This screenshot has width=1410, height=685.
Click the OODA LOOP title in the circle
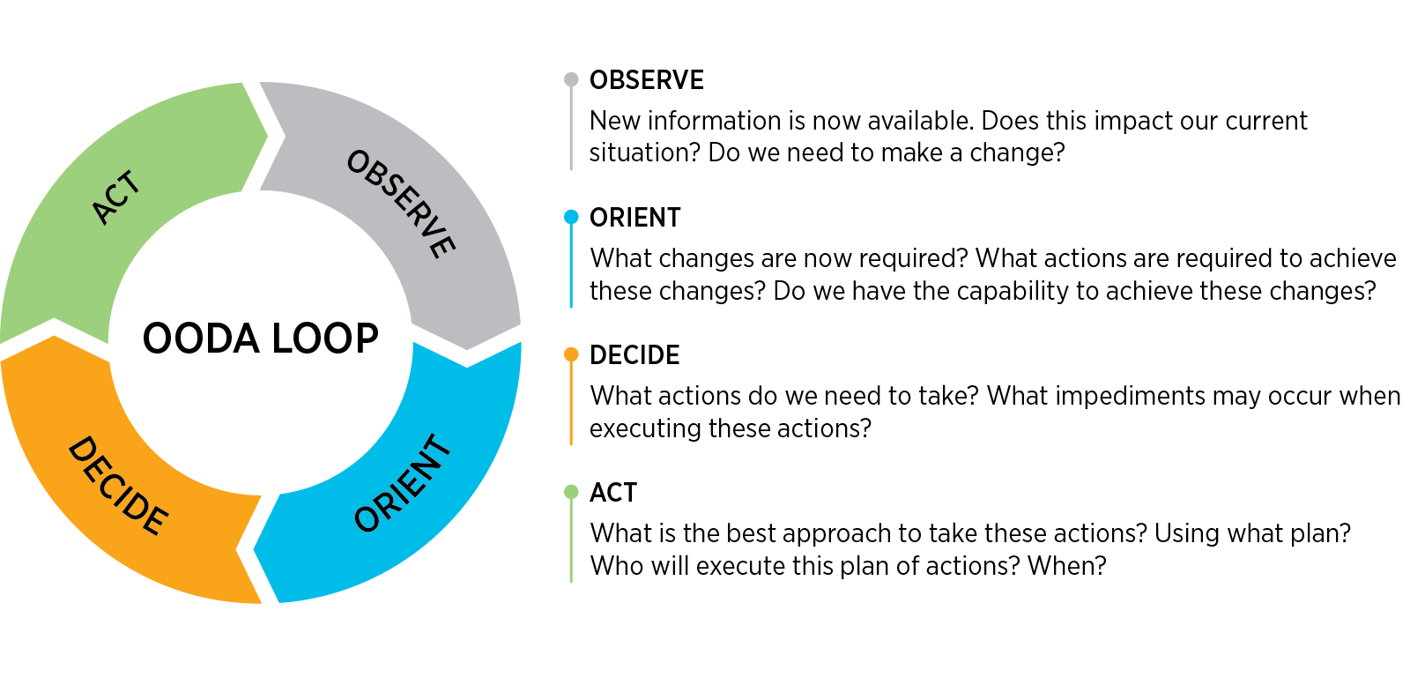click(261, 339)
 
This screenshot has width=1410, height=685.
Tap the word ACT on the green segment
click(116, 197)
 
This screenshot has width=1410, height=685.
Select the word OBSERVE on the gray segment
click(402, 204)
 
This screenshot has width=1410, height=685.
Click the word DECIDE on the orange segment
click(118, 486)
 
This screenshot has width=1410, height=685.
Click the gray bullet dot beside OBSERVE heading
click(571, 80)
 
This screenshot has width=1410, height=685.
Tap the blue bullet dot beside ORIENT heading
click(571, 217)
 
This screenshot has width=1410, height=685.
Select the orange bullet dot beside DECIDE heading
click(571, 354)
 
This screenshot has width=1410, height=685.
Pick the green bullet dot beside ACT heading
click(571, 492)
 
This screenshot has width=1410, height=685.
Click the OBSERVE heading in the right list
click(646, 80)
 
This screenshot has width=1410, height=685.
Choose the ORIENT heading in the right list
click(635, 218)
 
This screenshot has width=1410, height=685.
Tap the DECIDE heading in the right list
click(634, 355)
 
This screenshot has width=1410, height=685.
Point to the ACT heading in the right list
click(612, 493)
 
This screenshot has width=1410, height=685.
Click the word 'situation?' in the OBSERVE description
click(644, 153)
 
